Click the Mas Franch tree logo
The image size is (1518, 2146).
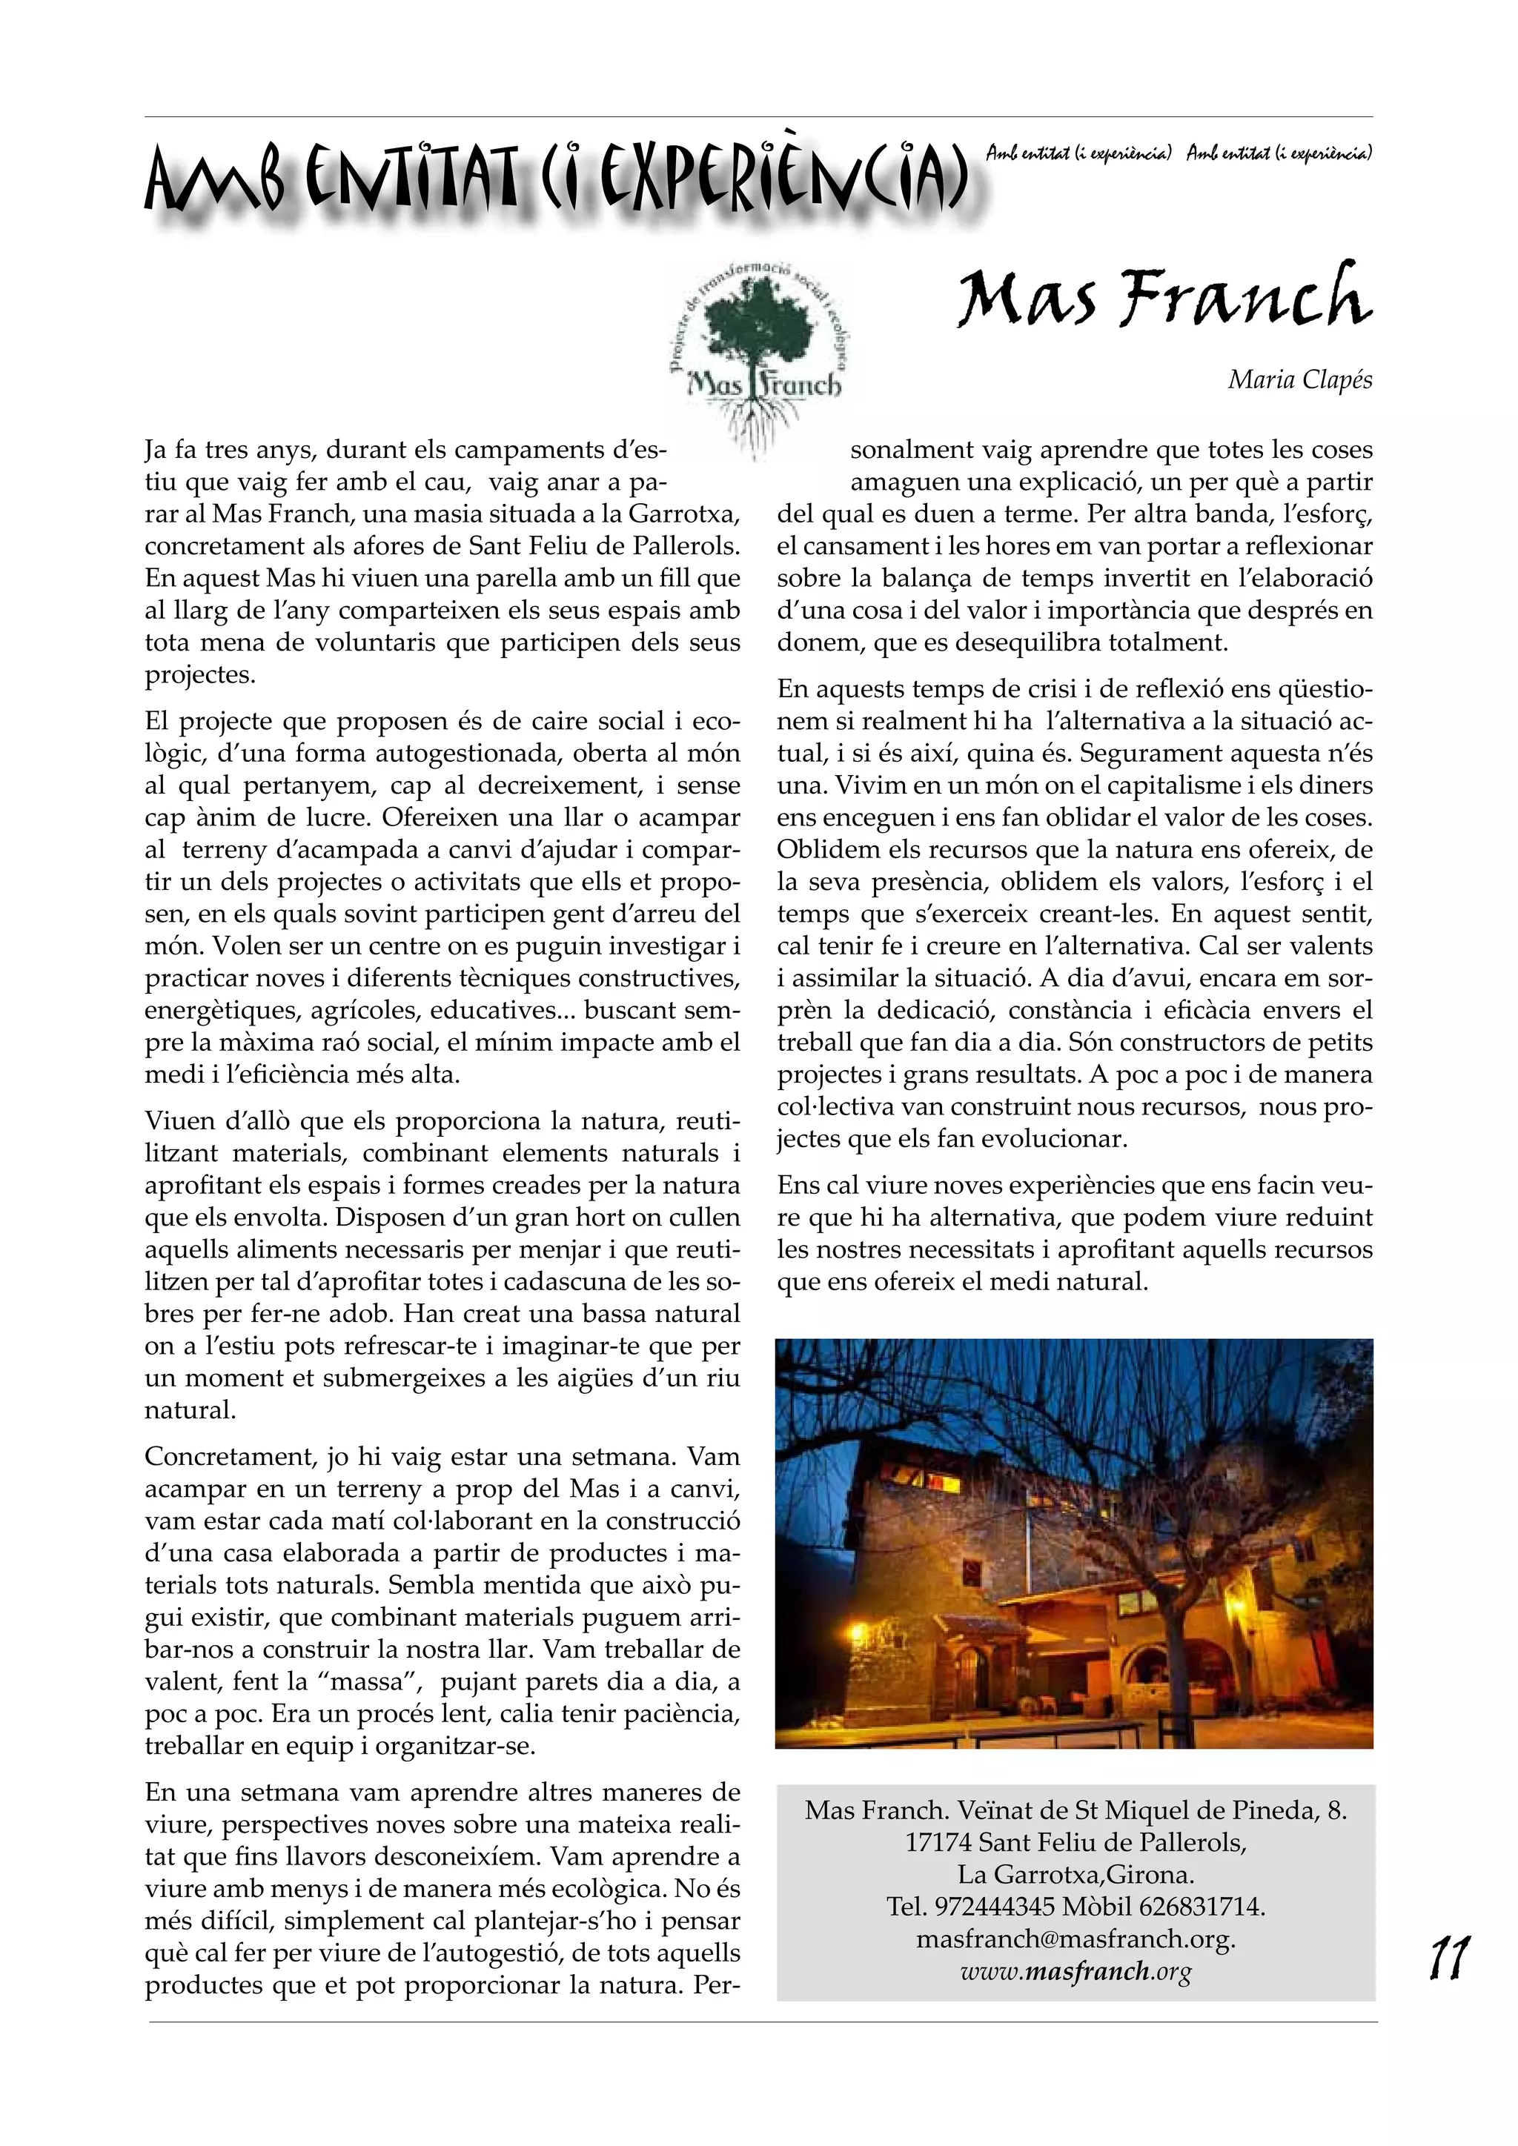click(x=755, y=355)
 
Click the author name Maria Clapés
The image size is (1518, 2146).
click(x=1299, y=379)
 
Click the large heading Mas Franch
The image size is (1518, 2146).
click(x=1164, y=299)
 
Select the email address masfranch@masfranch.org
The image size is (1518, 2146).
click(x=1075, y=1939)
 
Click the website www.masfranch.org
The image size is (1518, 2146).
click(x=1075, y=1971)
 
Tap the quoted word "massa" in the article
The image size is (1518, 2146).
click(x=368, y=1682)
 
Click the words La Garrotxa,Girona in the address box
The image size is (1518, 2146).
click(x=1075, y=1875)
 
